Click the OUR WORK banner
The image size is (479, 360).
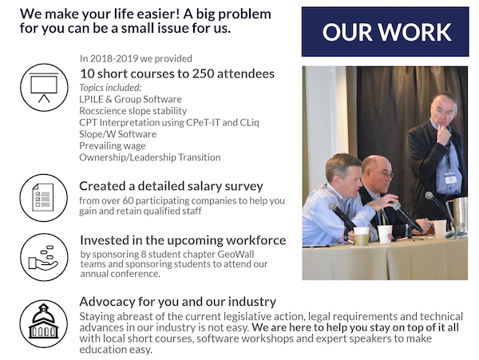pyautogui.click(x=385, y=32)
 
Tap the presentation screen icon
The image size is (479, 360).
pyautogui.click(x=44, y=87)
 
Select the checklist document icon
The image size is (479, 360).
pyautogui.click(x=43, y=197)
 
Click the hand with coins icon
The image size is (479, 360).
pyautogui.click(x=44, y=257)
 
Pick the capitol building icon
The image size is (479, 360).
pyautogui.click(x=44, y=323)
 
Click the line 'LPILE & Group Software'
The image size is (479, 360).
pyautogui.click(x=130, y=99)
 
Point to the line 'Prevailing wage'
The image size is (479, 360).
pyautogui.click(x=113, y=145)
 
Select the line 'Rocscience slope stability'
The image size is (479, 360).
pyautogui.click(x=133, y=111)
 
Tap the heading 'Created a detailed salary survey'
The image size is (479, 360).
pyautogui.click(x=171, y=186)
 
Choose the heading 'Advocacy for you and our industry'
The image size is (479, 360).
pyautogui.click(x=178, y=302)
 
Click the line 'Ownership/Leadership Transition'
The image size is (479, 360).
pyautogui.click(x=150, y=157)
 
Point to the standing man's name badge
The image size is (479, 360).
pyautogui.click(x=450, y=178)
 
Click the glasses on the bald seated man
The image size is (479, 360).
pyautogui.click(x=383, y=174)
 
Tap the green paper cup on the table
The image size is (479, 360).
pyautogui.click(x=361, y=236)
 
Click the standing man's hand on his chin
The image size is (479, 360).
pyautogui.click(x=444, y=133)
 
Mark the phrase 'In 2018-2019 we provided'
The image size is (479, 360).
pyautogui.click(x=136, y=58)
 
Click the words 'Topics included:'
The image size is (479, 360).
pyautogui.click(x=110, y=88)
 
